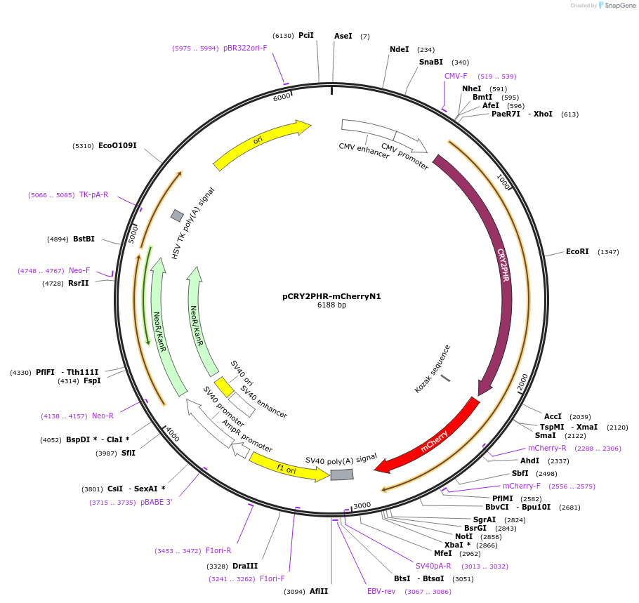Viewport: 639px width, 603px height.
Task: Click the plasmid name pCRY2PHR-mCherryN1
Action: coord(331,296)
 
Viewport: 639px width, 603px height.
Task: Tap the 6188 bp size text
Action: coord(331,305)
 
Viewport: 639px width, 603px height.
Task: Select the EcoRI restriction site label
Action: coord(577,251)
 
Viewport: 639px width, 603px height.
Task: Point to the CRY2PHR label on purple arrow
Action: coord(503,265)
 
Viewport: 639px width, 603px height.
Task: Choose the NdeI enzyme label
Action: coord(399,49)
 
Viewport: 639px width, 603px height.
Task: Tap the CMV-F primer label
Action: coord(456,76)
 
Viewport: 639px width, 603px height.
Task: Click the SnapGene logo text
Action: coord(620,5)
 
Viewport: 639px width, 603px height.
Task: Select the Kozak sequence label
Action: coord(433,369)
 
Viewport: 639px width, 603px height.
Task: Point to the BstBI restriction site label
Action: coord(84,239)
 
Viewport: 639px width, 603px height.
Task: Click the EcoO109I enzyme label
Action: coord(117,145)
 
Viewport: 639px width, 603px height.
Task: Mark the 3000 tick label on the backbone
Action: coord(362,505)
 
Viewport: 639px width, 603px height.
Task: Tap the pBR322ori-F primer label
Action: coord(245,48)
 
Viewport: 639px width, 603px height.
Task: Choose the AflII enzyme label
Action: coord(319,591)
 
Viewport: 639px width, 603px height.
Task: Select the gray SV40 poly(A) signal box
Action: coord(342,475)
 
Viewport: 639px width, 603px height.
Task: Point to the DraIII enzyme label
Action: coord(246,566)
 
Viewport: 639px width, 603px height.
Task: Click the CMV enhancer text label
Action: coord(364,150)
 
